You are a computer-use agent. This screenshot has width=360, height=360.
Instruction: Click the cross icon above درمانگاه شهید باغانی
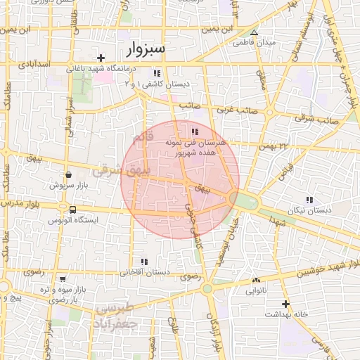(x=101, y=58)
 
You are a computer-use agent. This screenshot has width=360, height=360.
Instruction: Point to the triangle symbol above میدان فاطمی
(x=254, y=32)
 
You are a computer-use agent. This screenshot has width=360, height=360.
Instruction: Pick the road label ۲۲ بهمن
(x=274, y=146)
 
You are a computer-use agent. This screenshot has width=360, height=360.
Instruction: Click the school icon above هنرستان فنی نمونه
(x=195, y=131)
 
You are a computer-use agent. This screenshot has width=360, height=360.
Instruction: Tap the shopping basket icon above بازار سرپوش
(x=67, y=175)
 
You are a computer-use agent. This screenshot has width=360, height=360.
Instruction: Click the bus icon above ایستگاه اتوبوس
(x=72, y=210)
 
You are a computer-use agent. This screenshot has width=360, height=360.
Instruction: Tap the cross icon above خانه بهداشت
(x=285, y=304)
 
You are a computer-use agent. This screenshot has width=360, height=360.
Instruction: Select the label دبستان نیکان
(x=310, y=210)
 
